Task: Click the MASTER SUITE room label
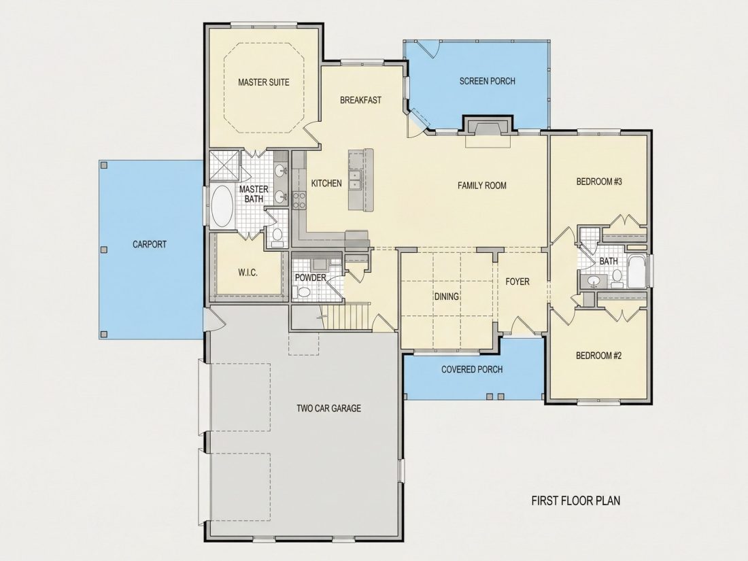[263, 82]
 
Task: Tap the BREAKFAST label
[360, 100]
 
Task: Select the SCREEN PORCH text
[487, 81]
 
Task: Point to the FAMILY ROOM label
[482, 185]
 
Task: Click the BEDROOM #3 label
[599, 182]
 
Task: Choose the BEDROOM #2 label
[598, 356]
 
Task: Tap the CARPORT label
[150, 244]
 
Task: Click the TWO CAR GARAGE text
[328, 409]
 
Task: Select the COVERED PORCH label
[472, 369]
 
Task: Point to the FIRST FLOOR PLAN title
[576, 500]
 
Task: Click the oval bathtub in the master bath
[222, 206]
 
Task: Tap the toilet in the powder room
[302, 292]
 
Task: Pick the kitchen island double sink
[355, 180]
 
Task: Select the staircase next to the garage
[345, 316]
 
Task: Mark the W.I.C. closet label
[248, 273]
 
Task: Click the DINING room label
[447, 296]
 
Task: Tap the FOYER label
[517, 282]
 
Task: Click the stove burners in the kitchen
[299, 200]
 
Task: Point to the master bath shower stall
[224, 165]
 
